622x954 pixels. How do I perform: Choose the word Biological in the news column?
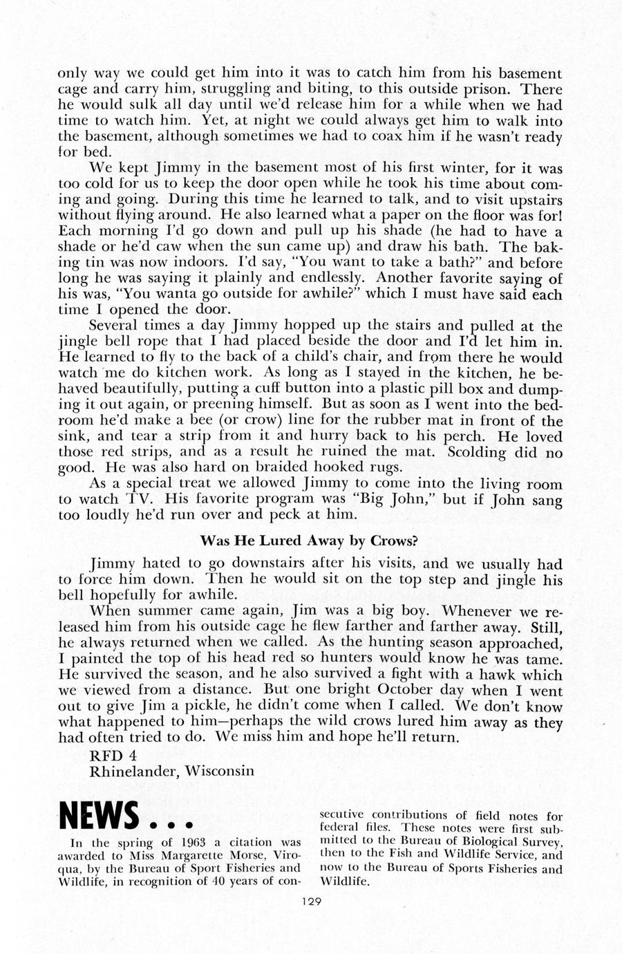458,842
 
